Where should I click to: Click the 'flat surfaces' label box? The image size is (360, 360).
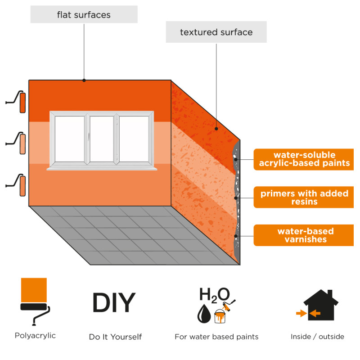(84, 14)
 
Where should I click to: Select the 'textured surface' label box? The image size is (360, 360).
(216, 32)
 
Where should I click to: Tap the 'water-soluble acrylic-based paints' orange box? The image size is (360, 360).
(303, 159)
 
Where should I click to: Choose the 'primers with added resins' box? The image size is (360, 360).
(303, 197)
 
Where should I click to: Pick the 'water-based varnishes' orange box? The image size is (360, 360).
(303, 235)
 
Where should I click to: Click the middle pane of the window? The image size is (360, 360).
(102, 139)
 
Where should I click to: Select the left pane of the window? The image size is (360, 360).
(70, 139)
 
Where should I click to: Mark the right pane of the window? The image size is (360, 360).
(134, 139)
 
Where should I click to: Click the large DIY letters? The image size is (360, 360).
(114, 302)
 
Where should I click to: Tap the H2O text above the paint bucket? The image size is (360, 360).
(215, 295)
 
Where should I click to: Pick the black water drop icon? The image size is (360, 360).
(204, 314)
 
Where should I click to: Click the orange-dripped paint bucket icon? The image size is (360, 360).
(220, 316)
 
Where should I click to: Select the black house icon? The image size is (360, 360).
(321, 306)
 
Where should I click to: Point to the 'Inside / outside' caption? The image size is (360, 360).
(317, 337)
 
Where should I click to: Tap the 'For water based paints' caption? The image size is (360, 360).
(216, 337)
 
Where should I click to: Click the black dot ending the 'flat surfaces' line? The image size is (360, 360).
(84, 81)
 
